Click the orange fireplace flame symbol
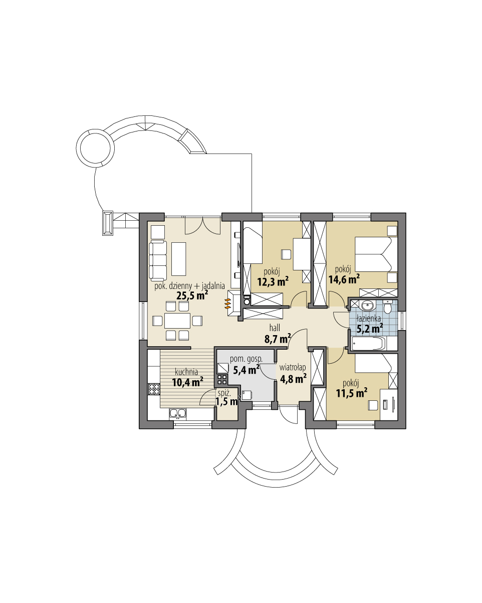click(227, 303)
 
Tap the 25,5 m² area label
click(192, 295)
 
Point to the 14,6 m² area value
click(344, 278)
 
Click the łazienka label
click(369, 318)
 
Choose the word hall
click(274, 328)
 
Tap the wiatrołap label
click(293, 367)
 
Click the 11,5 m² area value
click(352, 393)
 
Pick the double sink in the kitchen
click(178, 413)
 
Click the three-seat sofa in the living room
click(158, 260)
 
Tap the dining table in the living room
click(177, 320)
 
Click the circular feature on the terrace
click(93, 145)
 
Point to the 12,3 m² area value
click(273, 282)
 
